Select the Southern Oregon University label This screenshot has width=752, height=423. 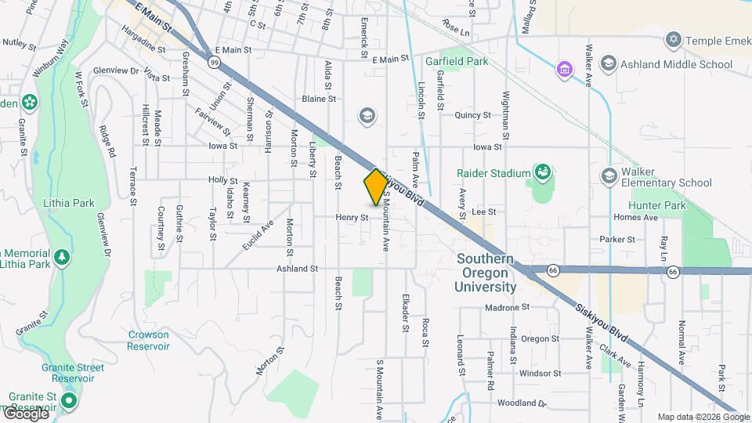click(486, 273)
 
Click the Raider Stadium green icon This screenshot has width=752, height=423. click(541, 172)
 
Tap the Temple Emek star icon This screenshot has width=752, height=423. click(673, 39)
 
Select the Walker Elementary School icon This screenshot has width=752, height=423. click(609, 175)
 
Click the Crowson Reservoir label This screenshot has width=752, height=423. click(149, 340)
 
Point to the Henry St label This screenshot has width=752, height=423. click(352, 217)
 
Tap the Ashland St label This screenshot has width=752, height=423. click(297, 269)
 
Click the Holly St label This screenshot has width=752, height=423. click(222, 179)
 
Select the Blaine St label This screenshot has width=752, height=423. click(319, 99)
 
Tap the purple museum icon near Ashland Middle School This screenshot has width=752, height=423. click(563, 70)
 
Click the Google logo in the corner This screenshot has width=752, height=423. click(26, 413)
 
